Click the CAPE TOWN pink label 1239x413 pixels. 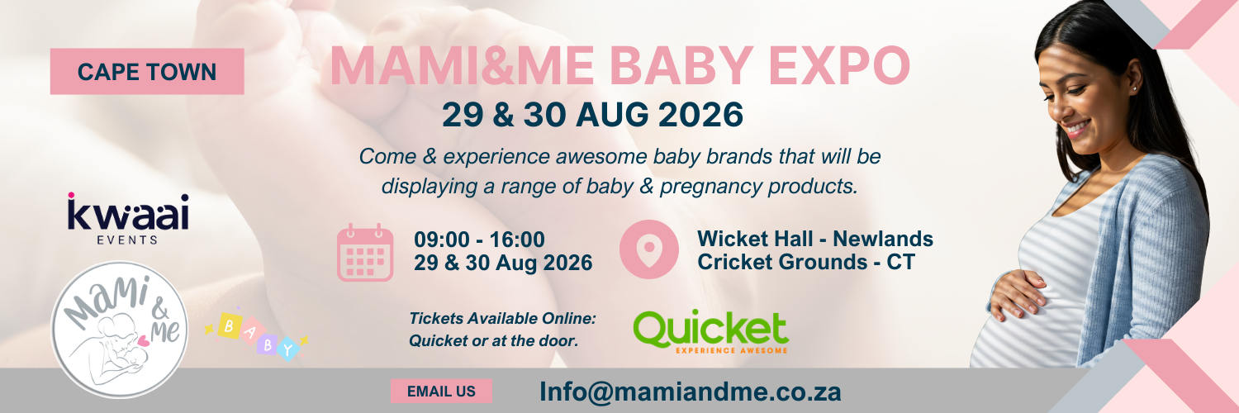(x=147, y=71)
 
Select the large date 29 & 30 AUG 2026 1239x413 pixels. (x=593, y=115)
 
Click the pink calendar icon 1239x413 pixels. (x=365, y=252)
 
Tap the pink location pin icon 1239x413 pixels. (x=649, y=249)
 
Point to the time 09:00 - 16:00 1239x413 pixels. (x=479, y=240)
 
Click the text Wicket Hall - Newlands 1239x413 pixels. (x=815, y=239)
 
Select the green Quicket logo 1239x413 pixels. (x=710, y=330)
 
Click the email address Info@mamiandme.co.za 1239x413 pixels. (x=690, y=391)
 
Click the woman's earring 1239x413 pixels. (x=1133, y=88)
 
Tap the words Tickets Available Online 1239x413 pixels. (x=502, y=318)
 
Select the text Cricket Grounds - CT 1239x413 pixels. (x=806, y=262)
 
